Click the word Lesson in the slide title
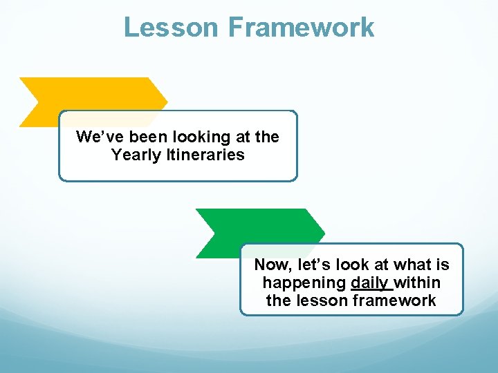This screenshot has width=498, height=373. click(171, 28)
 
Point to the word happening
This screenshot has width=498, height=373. click(304, 283)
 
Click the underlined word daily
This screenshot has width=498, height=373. click(370, 283)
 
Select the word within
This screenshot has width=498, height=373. click(418, 283)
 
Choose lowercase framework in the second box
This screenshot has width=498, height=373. click(394, 300)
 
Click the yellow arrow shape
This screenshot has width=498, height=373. click(90, 94)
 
